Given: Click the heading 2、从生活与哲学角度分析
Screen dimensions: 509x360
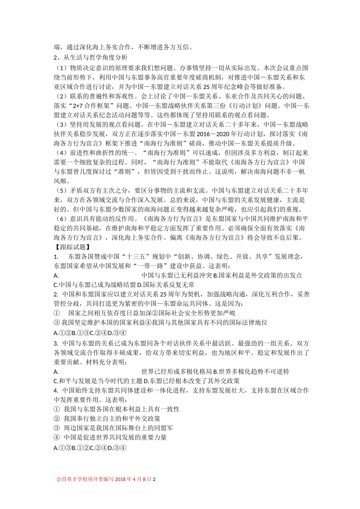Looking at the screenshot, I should click(91, 58).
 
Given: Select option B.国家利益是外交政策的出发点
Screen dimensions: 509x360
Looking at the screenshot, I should click(258, 275).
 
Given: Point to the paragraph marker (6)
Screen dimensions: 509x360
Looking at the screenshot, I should click(61, 219).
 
